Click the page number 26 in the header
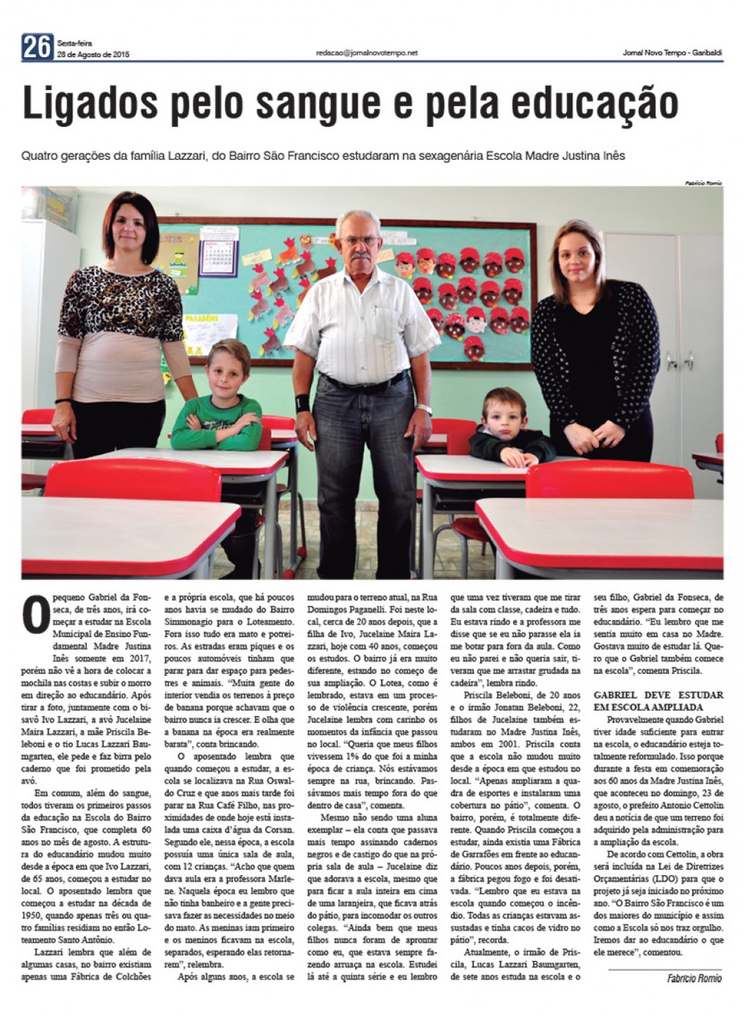(x=37, y=47)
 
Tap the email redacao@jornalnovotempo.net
(x=367, y=53)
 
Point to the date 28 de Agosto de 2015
(x=93, y=55)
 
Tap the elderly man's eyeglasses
(x=361, y=241)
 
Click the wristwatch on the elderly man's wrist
(x=423, y=409)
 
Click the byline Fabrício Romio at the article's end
(x=694, y=978)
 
